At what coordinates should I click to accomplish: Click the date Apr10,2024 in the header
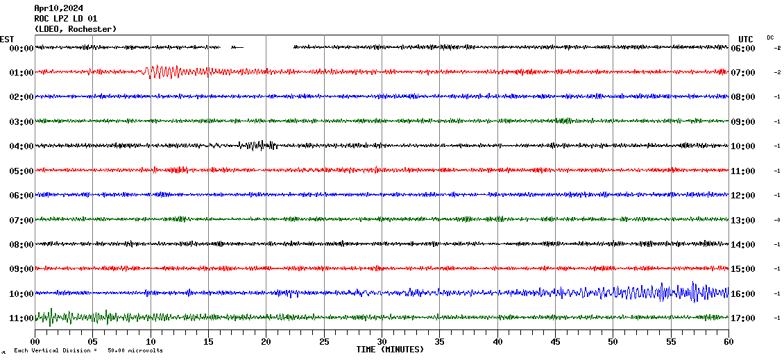coord(58,8)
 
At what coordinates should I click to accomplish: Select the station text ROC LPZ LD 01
coord(66,19)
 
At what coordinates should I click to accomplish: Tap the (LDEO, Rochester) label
coord(75,28)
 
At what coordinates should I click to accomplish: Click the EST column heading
coord(7,39)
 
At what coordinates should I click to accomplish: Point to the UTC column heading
coord(746,39)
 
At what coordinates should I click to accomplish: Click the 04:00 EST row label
coord(22,146)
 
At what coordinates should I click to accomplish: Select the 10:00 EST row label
coord(22,294)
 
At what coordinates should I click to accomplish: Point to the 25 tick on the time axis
coord(324,342)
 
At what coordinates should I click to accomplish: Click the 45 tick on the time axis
coord(555,342)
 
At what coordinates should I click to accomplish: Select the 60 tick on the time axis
coord(728,342)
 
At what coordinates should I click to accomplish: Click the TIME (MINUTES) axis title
coord(390,350)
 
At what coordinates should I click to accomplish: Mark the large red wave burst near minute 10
coord(156,71)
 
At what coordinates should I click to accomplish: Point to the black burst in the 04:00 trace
coord(258,145)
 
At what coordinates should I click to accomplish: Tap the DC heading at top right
coord(770,37)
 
